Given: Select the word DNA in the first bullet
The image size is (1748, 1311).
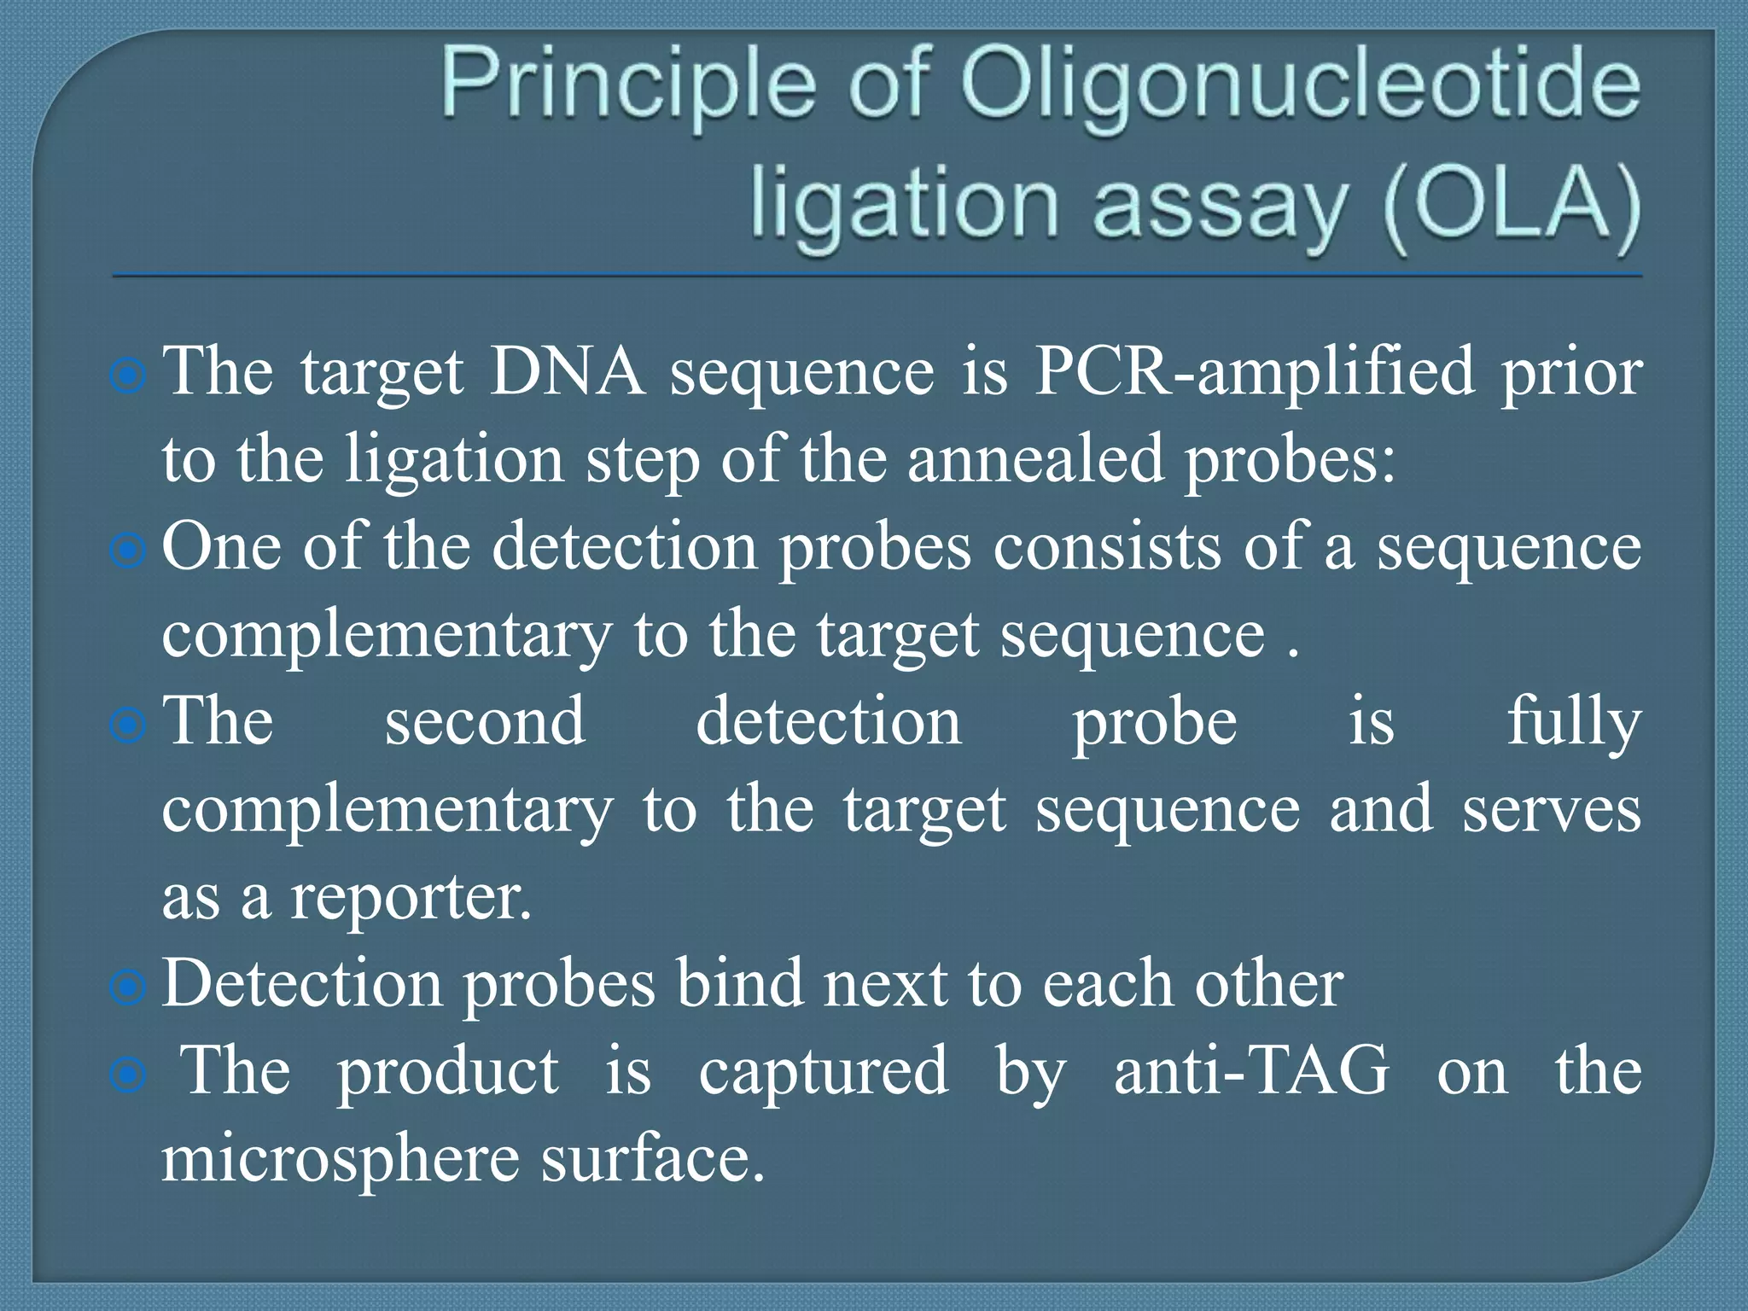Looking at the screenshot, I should (x=567, y=372).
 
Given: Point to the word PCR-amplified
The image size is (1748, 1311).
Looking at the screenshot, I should (x=1255, y=372).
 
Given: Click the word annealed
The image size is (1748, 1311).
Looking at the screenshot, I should (x=1034, y=459).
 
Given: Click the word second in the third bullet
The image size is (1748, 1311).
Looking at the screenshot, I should (x=485, y=722).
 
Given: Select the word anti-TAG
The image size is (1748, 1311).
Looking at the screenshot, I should (x=1251, y=1070).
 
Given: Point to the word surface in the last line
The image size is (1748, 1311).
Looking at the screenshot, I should (x=652, y=1159).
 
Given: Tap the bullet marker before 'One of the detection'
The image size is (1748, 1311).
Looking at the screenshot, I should (x=128, y=551).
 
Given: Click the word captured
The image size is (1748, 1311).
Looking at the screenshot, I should (x=823, y=1072).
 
